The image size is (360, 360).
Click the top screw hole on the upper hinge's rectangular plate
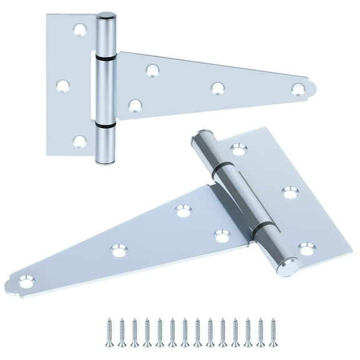(79, 29)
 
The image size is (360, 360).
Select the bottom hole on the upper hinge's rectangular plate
(79, 141)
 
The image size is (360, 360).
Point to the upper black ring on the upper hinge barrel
(106, 56)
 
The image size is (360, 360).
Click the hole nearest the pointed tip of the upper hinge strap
(297, 89)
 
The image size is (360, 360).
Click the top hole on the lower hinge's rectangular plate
(236, 149)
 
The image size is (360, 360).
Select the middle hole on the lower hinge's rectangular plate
(289, 191)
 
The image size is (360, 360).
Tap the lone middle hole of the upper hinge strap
(217, 88)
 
